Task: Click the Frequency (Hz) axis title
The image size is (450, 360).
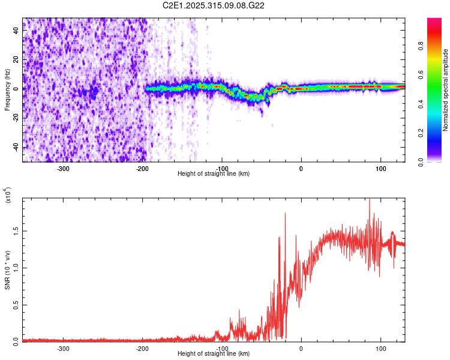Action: coord(7,90)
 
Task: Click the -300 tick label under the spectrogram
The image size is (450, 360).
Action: coord(64,167)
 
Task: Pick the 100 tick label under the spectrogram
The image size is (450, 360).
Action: coord(380,167)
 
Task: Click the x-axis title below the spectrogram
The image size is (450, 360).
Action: coord(214,173)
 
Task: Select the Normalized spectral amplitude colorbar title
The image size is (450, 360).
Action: coord(446,90)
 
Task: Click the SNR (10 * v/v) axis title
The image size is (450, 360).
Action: coord(7,270)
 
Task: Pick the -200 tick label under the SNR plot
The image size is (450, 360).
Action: coord(143,347)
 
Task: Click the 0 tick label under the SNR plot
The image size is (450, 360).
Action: coord(301,347)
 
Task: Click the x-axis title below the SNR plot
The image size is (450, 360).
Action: coord(214,353)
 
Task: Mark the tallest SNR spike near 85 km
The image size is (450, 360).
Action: coord(369,199)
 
